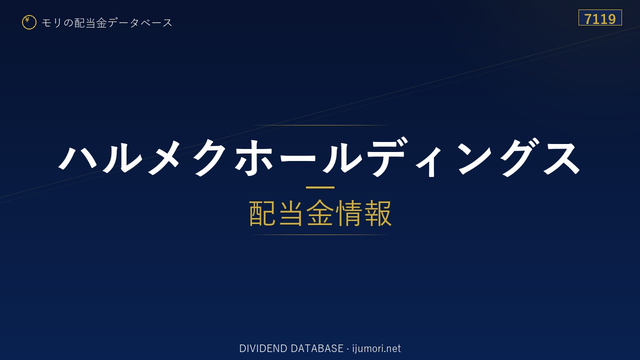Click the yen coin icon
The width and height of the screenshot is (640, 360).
[x=29, y=22]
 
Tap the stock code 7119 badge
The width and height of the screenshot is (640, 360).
[x=600, y=17]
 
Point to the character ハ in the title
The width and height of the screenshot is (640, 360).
[x=78, y=157]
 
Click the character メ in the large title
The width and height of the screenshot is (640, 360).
[x=163, y=157]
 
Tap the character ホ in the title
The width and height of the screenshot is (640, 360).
[x=253, y=157]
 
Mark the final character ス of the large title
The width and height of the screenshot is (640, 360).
[x=561, y=158]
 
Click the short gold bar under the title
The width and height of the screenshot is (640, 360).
[x=320, y=187]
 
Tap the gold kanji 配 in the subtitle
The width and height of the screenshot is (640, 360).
[x=262, y=213]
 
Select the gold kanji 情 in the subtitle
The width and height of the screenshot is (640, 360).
[x=349, y=213]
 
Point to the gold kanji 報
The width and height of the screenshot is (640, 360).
[x=378, y=213]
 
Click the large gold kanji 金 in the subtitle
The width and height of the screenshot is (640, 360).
[x=320, y=213]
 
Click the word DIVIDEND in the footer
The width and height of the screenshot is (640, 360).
[x=263, y=348]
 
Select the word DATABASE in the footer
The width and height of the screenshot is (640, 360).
[x=317, y=348]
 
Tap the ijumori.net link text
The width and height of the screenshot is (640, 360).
[x=376, y=348]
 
